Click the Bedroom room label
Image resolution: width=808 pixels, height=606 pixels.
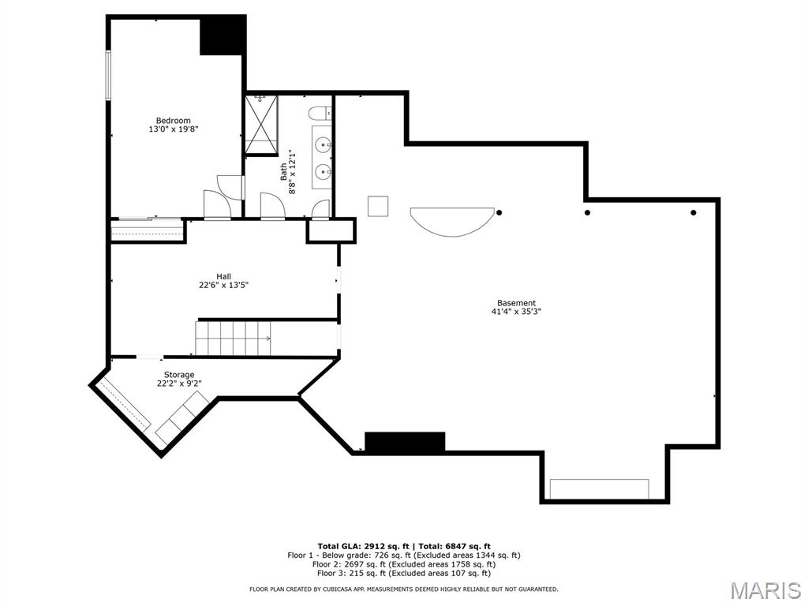coord(173,121)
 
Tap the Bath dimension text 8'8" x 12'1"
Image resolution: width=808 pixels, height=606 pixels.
coord(293,171)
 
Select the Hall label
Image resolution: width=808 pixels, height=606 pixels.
coord(223,276)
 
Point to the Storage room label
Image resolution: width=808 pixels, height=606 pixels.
coord(179,375)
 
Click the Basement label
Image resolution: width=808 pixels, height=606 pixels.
coord(516,303)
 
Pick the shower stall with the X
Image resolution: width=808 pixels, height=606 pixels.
coord(261,125)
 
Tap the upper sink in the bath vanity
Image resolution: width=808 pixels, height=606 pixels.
coord(324,145)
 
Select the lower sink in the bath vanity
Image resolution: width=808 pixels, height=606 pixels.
coord(324,170)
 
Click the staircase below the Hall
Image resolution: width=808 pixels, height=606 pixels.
coord(234,338)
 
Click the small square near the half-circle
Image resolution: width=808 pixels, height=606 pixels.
coord(378,206)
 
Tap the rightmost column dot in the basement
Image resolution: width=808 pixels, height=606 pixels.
coord(693,213)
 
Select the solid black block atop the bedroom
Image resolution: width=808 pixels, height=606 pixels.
coord(223,35)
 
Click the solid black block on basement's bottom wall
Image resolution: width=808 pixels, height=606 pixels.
coord(405,443)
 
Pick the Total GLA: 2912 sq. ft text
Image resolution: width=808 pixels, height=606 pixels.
coord(363,546)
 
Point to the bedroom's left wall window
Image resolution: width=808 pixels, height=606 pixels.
coord(108,75)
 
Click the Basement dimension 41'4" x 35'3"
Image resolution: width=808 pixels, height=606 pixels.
coord(516,311)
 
